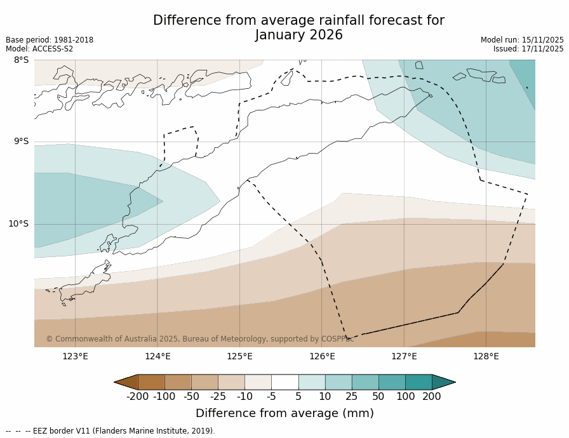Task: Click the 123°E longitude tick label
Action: tap(75, 356)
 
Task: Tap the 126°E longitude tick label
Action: tap(322, 356)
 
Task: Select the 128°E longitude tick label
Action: tap(486, 356)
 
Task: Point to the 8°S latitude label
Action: tap(21, 60)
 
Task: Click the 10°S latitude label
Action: tap(18, 224)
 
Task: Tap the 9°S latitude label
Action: tap(21, 142)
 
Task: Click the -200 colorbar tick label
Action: tap(138, 397)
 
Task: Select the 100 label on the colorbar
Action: tap(405, 397)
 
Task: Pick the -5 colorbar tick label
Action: tap(271, 397)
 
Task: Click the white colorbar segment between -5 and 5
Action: tap(284, 382)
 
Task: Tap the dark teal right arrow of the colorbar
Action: tap(443, 382)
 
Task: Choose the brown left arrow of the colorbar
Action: tap(126, 382)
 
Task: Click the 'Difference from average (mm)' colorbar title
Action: tap(284, 413)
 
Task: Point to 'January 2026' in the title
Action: tap(298, 36)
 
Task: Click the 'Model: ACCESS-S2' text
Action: tap(39, 49)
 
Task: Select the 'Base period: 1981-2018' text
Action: tap(50, 40)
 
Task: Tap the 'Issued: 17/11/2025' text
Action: tap(528, 49)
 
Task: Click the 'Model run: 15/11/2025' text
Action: tap(522, 40)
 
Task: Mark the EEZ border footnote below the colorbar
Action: tap(110, 431)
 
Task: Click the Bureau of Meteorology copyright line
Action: tap(199, 339)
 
